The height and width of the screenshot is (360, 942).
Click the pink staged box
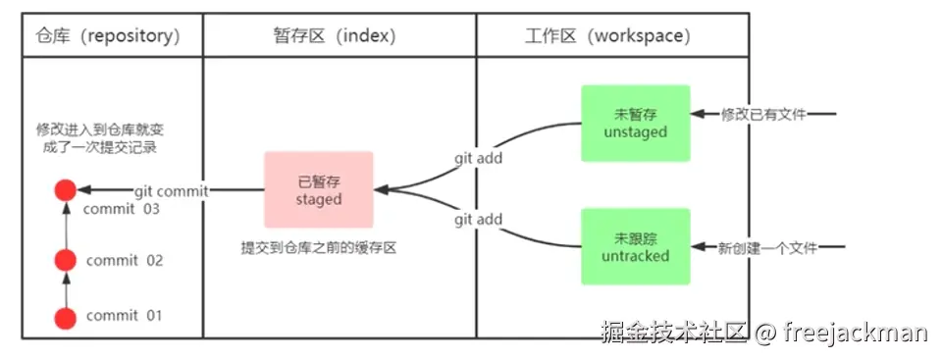point(319,190)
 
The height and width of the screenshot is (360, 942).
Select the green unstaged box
point(635,124)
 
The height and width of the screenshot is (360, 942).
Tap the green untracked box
point(635,247)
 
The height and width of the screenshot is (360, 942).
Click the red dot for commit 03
point(65,190)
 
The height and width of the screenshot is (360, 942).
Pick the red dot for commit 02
point(65,261)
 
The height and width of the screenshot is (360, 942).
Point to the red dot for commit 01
point(65,317)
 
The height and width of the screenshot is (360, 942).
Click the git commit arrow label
point(170,191)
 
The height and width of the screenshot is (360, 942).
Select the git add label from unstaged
point(479,157)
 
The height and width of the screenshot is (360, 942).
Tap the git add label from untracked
point(479,221)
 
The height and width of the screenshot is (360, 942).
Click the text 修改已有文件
point(763,115)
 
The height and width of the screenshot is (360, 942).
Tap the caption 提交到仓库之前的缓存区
point(318,249)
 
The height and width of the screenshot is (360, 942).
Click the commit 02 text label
point(125,261)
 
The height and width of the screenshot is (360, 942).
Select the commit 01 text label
point(125,316)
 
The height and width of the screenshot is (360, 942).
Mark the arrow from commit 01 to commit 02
point(65,289)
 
